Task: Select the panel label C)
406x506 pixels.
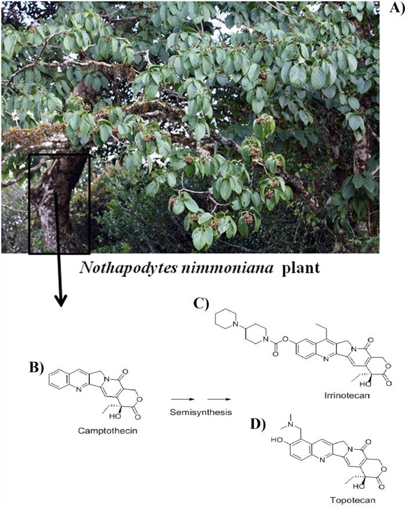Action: click(202, 303)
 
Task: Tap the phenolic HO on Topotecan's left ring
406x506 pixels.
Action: click(276, 457)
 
